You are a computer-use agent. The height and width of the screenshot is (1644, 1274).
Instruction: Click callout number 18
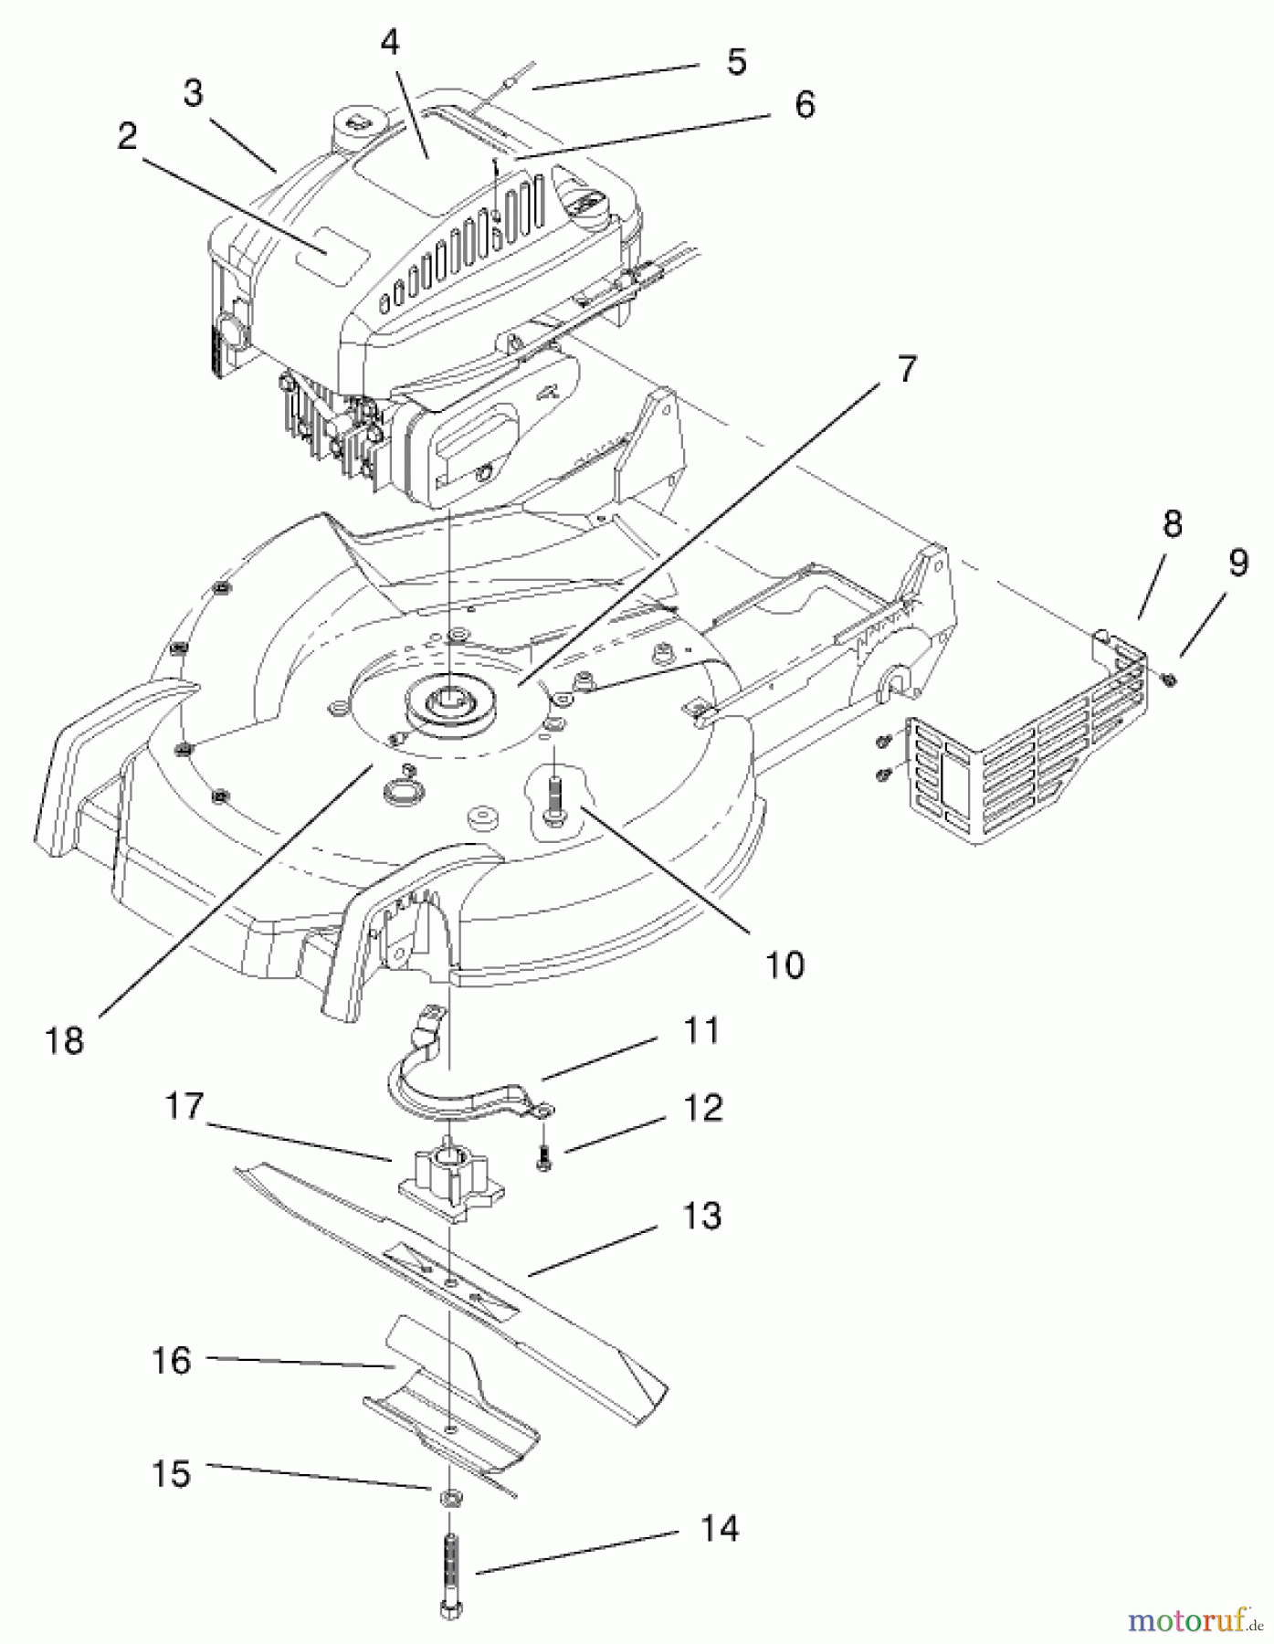pyautogui.click(x=64, y=1040)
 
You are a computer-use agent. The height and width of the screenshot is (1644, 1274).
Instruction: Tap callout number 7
pyautogui.click(x=904, y=370)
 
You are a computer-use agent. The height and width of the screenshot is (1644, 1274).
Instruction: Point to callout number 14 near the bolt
pyautogui.click(x=720, y=1529)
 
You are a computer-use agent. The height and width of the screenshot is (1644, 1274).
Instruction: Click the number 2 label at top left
pyautogui.click(x=127, y=136)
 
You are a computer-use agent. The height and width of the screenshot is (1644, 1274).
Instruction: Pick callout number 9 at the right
pyautogui.click(x=1237, y=564)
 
